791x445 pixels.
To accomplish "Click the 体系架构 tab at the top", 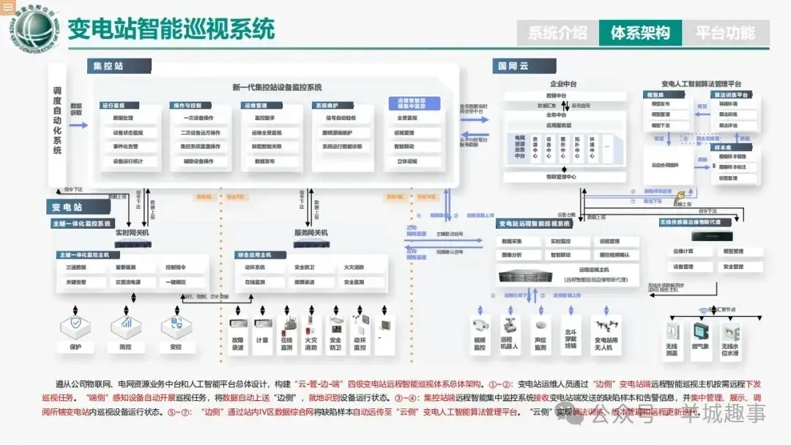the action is coord(640,33).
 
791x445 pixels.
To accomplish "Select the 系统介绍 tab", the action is coord(557,33).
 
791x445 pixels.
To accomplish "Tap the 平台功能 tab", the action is coord(724,33).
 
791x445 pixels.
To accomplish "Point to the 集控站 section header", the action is coord(109,66).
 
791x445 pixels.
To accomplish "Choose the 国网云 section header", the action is coord(513,66).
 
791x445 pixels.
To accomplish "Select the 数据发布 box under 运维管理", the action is coord(264,161).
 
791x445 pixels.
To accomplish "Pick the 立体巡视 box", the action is coord(406,161).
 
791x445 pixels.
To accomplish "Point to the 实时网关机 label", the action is coord(132,232).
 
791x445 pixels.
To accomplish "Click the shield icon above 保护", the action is coord(75,323).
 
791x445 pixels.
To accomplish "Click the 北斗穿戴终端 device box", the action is coord(571,336).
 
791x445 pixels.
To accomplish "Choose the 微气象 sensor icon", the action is coord(701,331).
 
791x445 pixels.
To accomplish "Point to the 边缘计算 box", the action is coord(683,251).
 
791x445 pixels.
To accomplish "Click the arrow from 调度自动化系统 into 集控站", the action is coord(79,125).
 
